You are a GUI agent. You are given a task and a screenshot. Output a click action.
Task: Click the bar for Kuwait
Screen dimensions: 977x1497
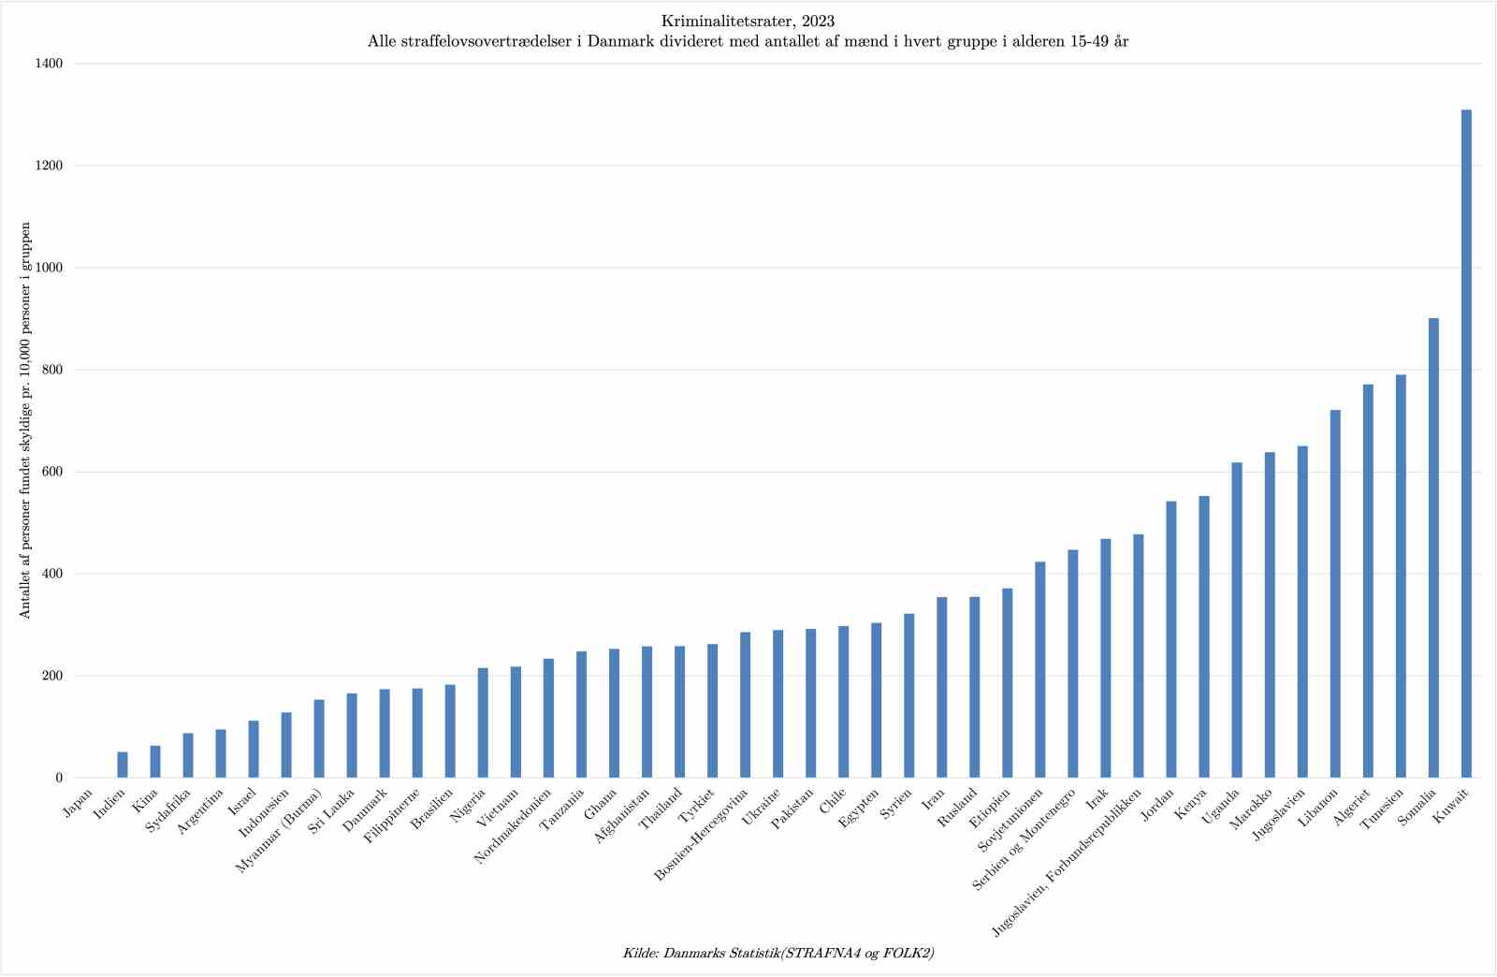[x=1465, y=444]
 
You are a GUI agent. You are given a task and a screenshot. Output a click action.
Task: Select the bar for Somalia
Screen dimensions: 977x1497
[x=1432, y=547]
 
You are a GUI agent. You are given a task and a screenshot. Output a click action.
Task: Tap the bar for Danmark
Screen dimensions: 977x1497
[x=385, y=733]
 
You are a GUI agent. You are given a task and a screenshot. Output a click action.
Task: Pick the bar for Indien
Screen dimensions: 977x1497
[x=123, y=765]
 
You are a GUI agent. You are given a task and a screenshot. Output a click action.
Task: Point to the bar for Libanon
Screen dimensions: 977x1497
[x=1334, y=593]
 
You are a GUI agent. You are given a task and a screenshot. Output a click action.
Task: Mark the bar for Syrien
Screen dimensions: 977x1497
[x=908, y=695]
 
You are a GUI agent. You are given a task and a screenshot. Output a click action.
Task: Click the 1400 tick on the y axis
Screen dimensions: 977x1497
[x=50, y=64]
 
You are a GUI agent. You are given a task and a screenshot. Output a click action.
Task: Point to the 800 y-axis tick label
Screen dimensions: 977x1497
[x=52, y=370]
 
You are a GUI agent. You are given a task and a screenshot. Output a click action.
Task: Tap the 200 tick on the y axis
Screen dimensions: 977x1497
[x=52, y=676]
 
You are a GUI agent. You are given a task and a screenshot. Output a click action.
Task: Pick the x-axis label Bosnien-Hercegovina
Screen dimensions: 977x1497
[x=702, y=836]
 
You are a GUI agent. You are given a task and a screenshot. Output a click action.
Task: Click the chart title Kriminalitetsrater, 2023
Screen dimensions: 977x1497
[x=748, y=21]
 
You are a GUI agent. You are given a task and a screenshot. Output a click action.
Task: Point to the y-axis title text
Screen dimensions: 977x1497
[x=25, y=420]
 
